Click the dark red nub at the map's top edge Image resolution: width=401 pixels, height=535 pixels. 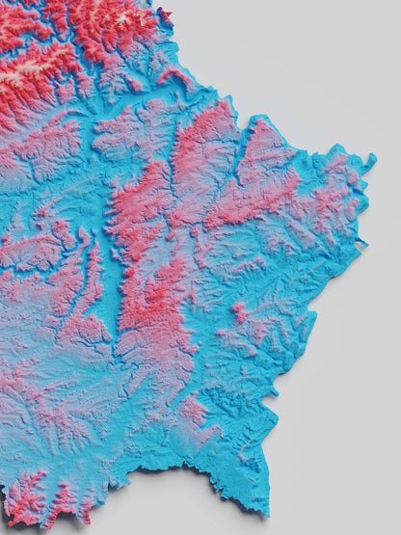(x=164, y=13)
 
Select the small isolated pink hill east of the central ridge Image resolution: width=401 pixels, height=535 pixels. (x=238, y=312)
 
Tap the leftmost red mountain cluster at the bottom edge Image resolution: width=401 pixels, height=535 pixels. (x=23, y=496)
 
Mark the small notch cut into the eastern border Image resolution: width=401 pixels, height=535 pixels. (x=361, y=247)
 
